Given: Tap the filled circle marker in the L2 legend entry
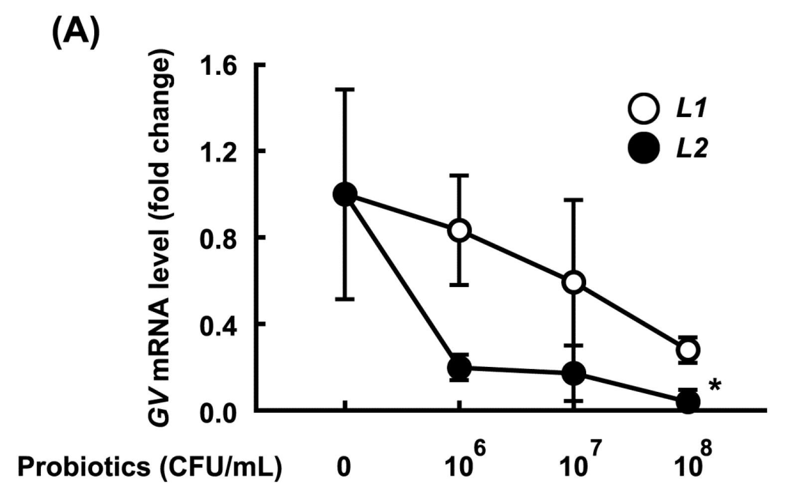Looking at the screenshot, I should click(x=643, y=149).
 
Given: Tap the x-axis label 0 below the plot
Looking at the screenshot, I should click(x=343, y=468).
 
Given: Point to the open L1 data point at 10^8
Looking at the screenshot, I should click(x=688, y=349).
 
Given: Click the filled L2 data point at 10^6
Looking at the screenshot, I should click(x=459, y=368).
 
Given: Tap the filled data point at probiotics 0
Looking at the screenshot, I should click(x=344, y=194).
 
